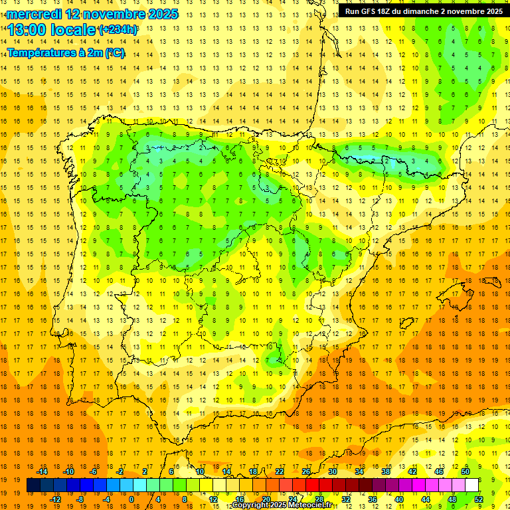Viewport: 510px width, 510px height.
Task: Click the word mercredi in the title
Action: pos(34,14)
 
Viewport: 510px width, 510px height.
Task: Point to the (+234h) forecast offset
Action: pos(118,30)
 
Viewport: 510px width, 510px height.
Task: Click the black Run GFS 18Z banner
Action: pos(423,11)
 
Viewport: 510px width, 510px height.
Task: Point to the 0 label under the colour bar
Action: pos(131,499)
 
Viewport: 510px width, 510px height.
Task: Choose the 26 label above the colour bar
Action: pos(305,471)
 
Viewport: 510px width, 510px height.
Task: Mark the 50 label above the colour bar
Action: pos(465,471)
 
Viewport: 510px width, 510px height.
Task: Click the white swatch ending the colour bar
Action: pos(471,485)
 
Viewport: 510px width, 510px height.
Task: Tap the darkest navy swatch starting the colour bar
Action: pos(33,485)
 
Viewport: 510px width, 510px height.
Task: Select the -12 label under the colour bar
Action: pos(55,499)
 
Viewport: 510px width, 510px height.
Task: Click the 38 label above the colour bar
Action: pos(385,471)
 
